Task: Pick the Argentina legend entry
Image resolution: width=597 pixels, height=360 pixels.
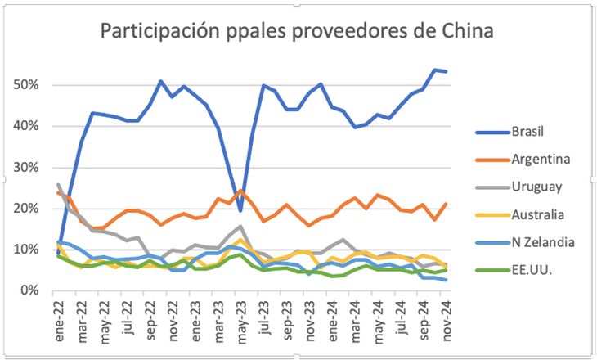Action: (x=539, y=159)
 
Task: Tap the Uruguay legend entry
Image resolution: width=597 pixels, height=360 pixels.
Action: (x=536, y=187)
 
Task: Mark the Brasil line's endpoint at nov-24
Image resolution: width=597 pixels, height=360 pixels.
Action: (x=445, y=71)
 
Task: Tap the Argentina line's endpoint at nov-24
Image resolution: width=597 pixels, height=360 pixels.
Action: (x=445, y=204)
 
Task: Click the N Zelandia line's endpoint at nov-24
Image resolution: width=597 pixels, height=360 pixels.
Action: (x=445, y=280)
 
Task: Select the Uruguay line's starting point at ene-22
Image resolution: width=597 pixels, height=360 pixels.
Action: (x=59, y=185)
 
